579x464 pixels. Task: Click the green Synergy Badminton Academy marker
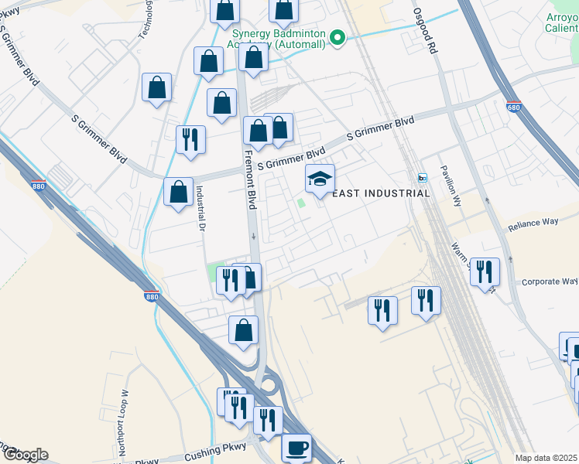(337, 37)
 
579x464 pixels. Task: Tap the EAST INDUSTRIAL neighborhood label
(380, 193)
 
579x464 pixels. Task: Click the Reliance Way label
(533, 225)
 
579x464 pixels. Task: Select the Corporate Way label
(549, 282)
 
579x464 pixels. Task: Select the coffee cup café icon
(296, 447)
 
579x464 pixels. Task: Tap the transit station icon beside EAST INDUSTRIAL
(423, 178)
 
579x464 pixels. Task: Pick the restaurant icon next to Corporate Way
(485, 271)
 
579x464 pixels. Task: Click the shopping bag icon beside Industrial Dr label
(178, 192)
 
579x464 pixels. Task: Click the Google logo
(25, 455)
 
